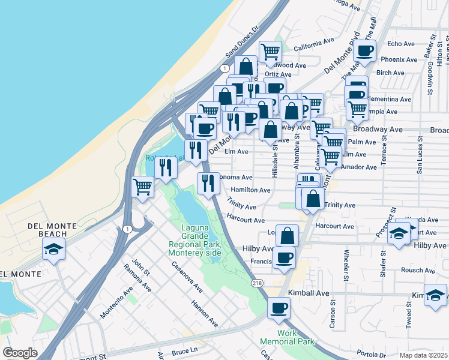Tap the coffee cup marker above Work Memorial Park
[x=279, y=308]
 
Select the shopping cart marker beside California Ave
[x=271, y=52]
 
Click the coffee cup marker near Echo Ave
[x=364, y=51]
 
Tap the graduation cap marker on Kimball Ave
[x=435, y=295]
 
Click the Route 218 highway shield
[x=257, y=283]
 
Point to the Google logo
[x=20, y=353]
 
